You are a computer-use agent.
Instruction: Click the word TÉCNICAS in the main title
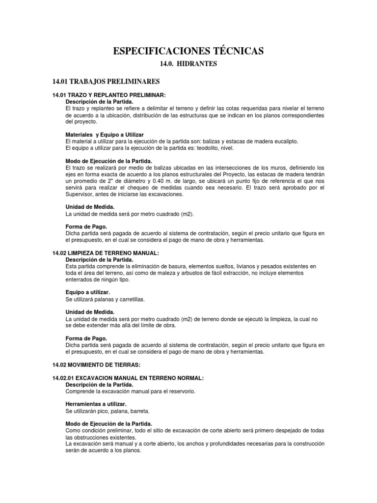(236, 51)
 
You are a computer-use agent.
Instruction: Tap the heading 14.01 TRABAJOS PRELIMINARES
(106, 81)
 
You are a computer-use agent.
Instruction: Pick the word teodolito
(203, 148)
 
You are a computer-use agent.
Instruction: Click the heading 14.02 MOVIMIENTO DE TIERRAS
(96, 364)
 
